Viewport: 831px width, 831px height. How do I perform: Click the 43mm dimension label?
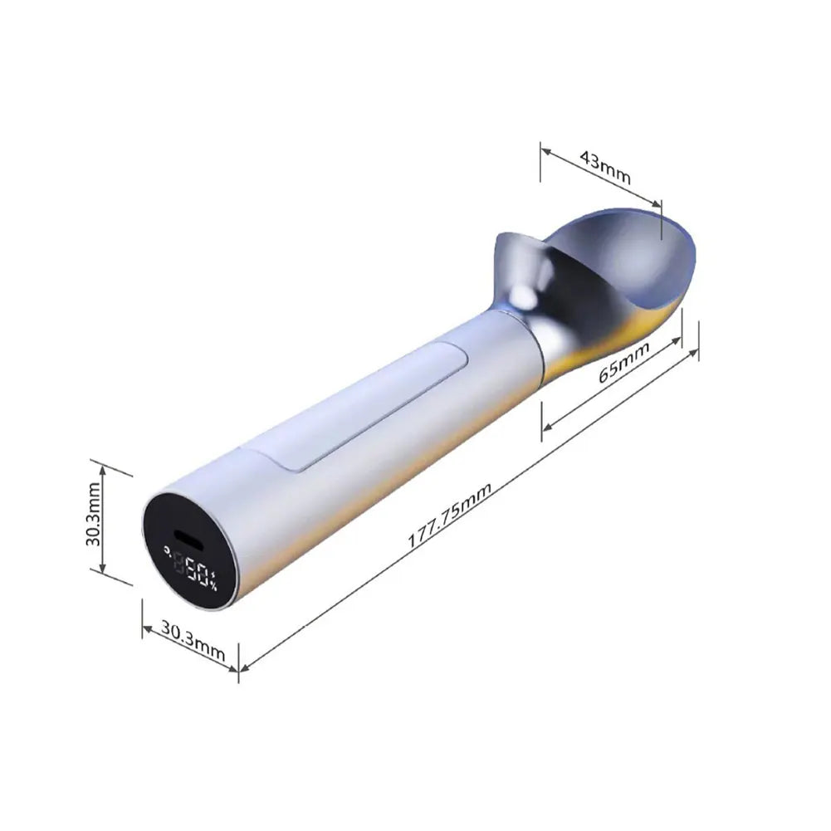605,167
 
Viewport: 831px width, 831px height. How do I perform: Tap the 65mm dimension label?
623,363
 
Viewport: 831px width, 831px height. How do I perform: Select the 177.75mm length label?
449,516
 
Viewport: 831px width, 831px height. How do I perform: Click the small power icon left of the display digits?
169,550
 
